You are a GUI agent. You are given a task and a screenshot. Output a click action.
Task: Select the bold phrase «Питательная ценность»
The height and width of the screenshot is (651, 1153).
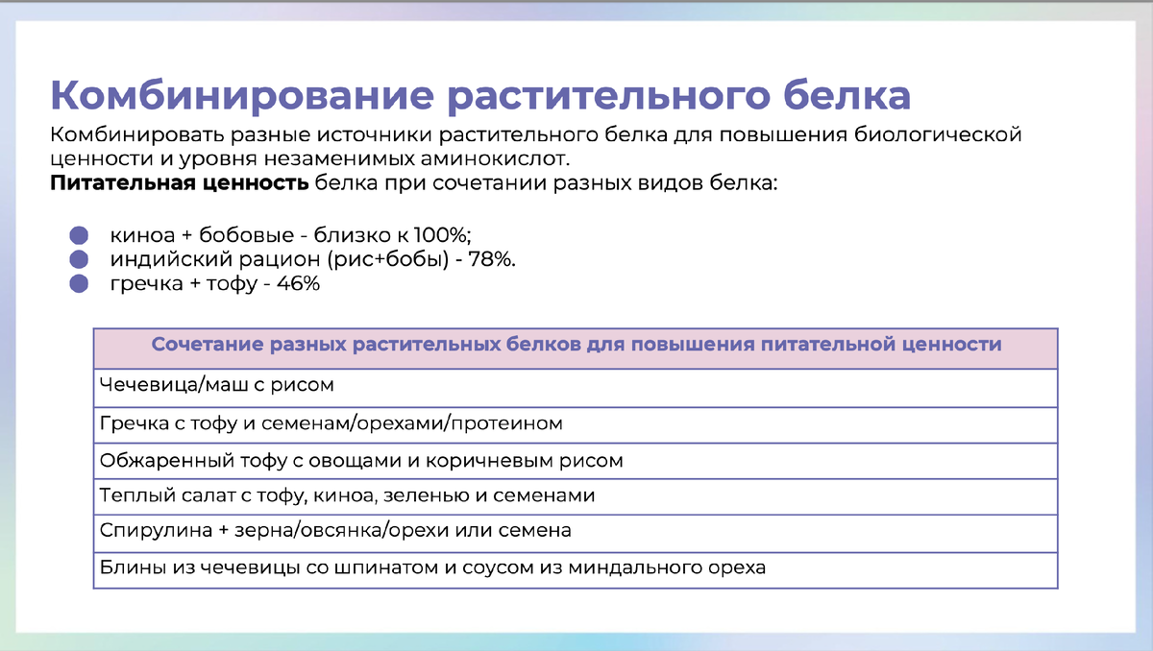(x=178, y=183)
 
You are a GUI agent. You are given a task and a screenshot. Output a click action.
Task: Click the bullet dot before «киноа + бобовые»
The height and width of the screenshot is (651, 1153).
(x=79, y=235)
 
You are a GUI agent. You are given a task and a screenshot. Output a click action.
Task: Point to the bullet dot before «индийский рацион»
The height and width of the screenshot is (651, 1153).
(x=79, y=259)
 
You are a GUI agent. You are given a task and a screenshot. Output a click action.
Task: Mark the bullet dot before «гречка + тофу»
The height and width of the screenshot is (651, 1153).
(x=79, y=284)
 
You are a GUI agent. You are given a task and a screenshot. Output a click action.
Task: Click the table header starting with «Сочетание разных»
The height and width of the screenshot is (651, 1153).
(x=576, y=344)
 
